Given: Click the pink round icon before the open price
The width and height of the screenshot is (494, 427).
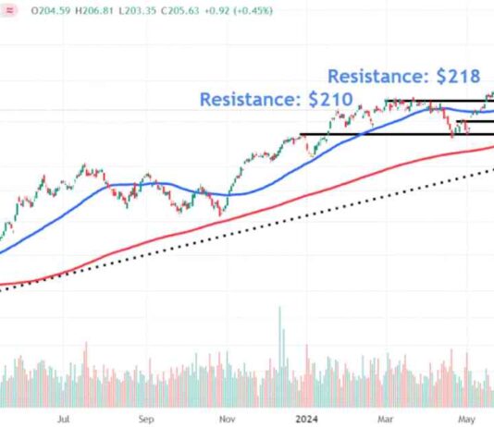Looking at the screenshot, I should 8,10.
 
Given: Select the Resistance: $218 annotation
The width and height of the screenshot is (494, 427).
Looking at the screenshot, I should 403,77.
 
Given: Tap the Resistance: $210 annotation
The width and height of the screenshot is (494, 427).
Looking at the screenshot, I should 274,97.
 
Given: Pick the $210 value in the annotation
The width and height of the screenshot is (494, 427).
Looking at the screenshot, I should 330,97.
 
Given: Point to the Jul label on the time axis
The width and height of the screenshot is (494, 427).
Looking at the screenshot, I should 63,417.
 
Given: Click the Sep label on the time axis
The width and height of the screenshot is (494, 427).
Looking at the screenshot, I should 145,417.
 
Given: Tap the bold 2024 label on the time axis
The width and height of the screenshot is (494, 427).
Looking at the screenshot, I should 307,417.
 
